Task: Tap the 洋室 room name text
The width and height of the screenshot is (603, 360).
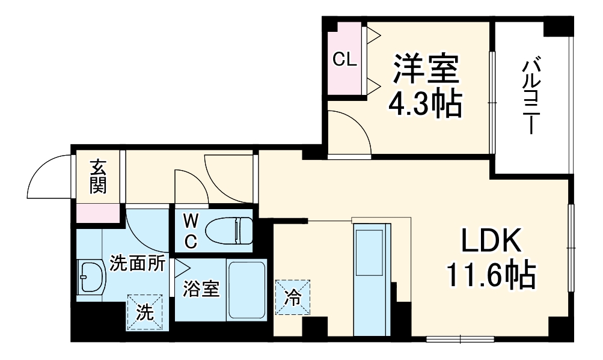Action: click(426, 70)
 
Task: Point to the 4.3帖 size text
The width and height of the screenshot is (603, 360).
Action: click(426, 103)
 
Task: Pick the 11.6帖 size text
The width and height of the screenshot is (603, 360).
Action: click(490, 275)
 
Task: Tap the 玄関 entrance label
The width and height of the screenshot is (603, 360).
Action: click(97, 176)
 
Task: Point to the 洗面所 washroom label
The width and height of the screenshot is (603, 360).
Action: click(137, 264)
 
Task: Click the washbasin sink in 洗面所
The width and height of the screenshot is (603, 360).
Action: click(91, 276)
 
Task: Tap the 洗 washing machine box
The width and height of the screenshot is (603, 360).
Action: click(144, 311)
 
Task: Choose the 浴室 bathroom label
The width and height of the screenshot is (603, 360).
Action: click(201, 289)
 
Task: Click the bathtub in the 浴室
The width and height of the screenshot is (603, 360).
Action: click(246, 290)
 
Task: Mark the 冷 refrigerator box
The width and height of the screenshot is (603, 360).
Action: click(293, 297)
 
